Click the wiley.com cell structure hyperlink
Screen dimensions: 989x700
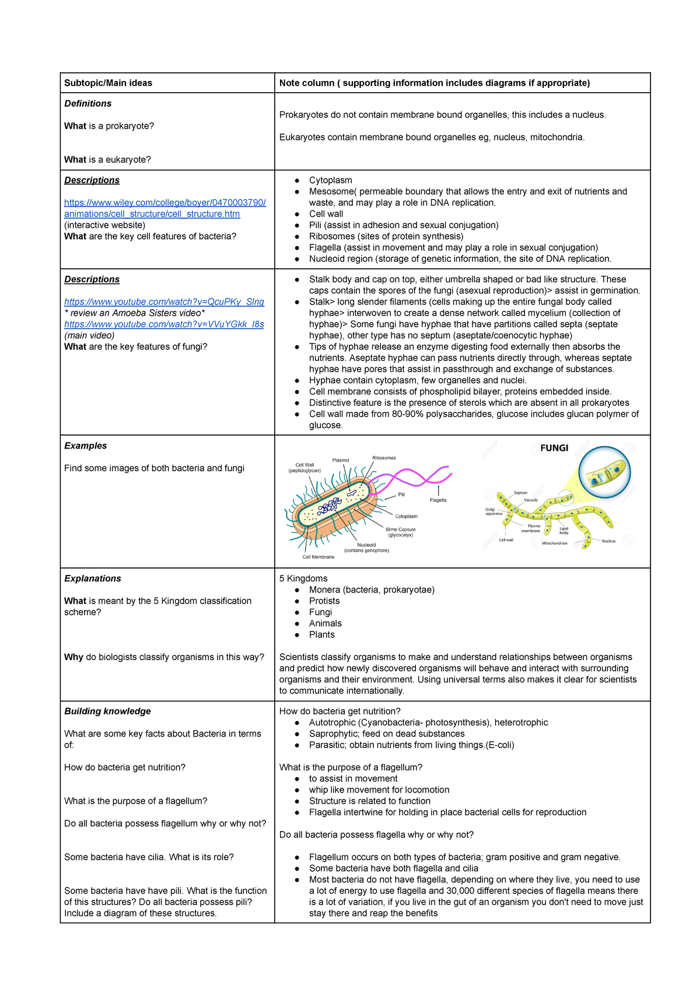(164, 208)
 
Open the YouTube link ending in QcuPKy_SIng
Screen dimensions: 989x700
(164, 301)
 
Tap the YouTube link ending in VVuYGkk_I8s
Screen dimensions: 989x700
(164, 324)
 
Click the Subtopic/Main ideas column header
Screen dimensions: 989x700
(108, 83)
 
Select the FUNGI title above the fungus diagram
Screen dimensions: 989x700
(554, 448)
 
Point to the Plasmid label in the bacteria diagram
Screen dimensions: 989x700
(341, 460)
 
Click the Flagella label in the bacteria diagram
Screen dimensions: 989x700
(438, 500)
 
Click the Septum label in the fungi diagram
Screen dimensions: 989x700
(520, 493)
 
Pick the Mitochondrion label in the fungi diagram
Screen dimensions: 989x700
(554, 543)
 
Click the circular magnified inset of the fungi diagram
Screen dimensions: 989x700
(605, 472)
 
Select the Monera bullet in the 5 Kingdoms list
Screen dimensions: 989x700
(372, 590)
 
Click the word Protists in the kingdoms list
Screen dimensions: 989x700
(324, 601)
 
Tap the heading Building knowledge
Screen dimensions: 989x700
(107, 711)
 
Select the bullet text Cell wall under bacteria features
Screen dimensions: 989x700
(326, 214)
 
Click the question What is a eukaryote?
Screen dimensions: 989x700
(107, 160)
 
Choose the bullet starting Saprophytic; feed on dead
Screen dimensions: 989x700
(387, 734)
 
